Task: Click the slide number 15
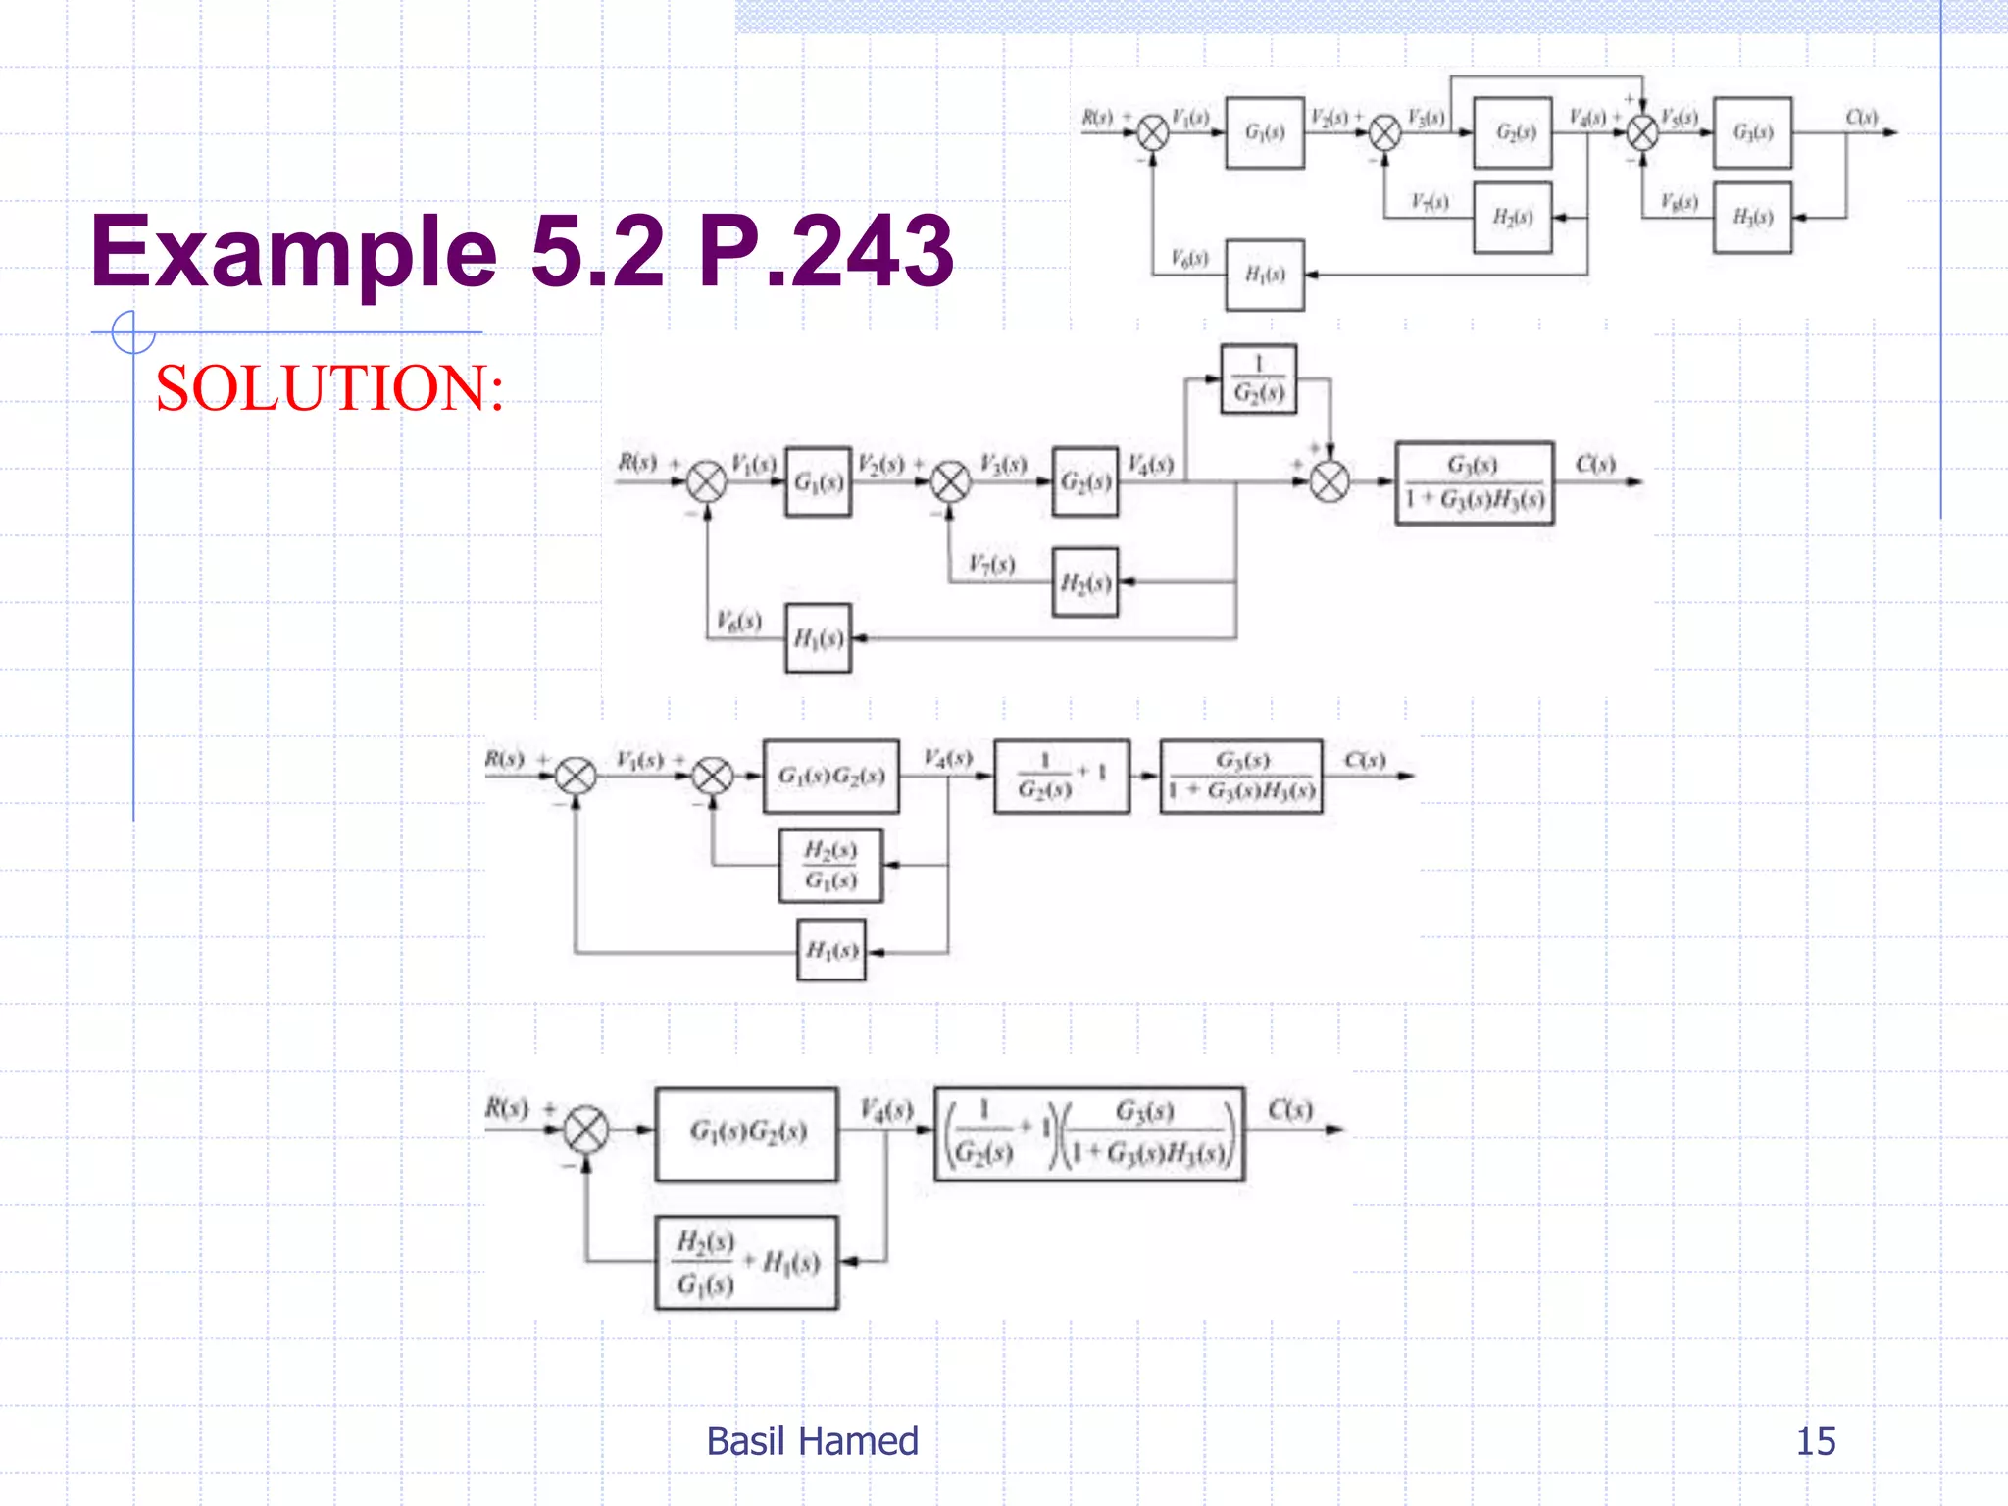pyautogui.click(x=1815, y=1441)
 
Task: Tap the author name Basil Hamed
pyautogui.click(x=812, y=1441)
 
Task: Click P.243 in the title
pyautogui.click(x=826, y=253)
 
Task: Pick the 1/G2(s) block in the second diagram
pyautogui.click(x=1258, y=378)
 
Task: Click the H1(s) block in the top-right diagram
pyautogui.click(x=1264, y=275)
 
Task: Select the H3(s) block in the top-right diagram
pyautogui.click(x=1752, y=218)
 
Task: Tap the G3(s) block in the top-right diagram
pyautogui.click(x=1752, y=132)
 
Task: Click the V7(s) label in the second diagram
pyautogui.click(x=991, y=564)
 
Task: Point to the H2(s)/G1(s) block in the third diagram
pyautogui.click(x=830, y=866)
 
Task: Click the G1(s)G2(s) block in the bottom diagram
pyautogui.click(x=746, y=1132)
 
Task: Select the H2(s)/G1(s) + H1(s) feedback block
pyautogui.click(x=746, y=1263)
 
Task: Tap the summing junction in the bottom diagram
pyautogui.click(x=586, y=1129)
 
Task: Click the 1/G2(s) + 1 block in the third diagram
pyautogui.click(x=1061, y=776)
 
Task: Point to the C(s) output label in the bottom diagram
pyautogui.click(x=1289, y=1110)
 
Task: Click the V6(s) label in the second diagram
pyautogui.click(x=738, y=621)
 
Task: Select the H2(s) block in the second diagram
pyautogui.click(x=1084, y=582)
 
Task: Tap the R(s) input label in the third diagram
pyautogui.click(x=505, y=759)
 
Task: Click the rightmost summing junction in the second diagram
pyautogui.click(x=1330, y=481)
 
